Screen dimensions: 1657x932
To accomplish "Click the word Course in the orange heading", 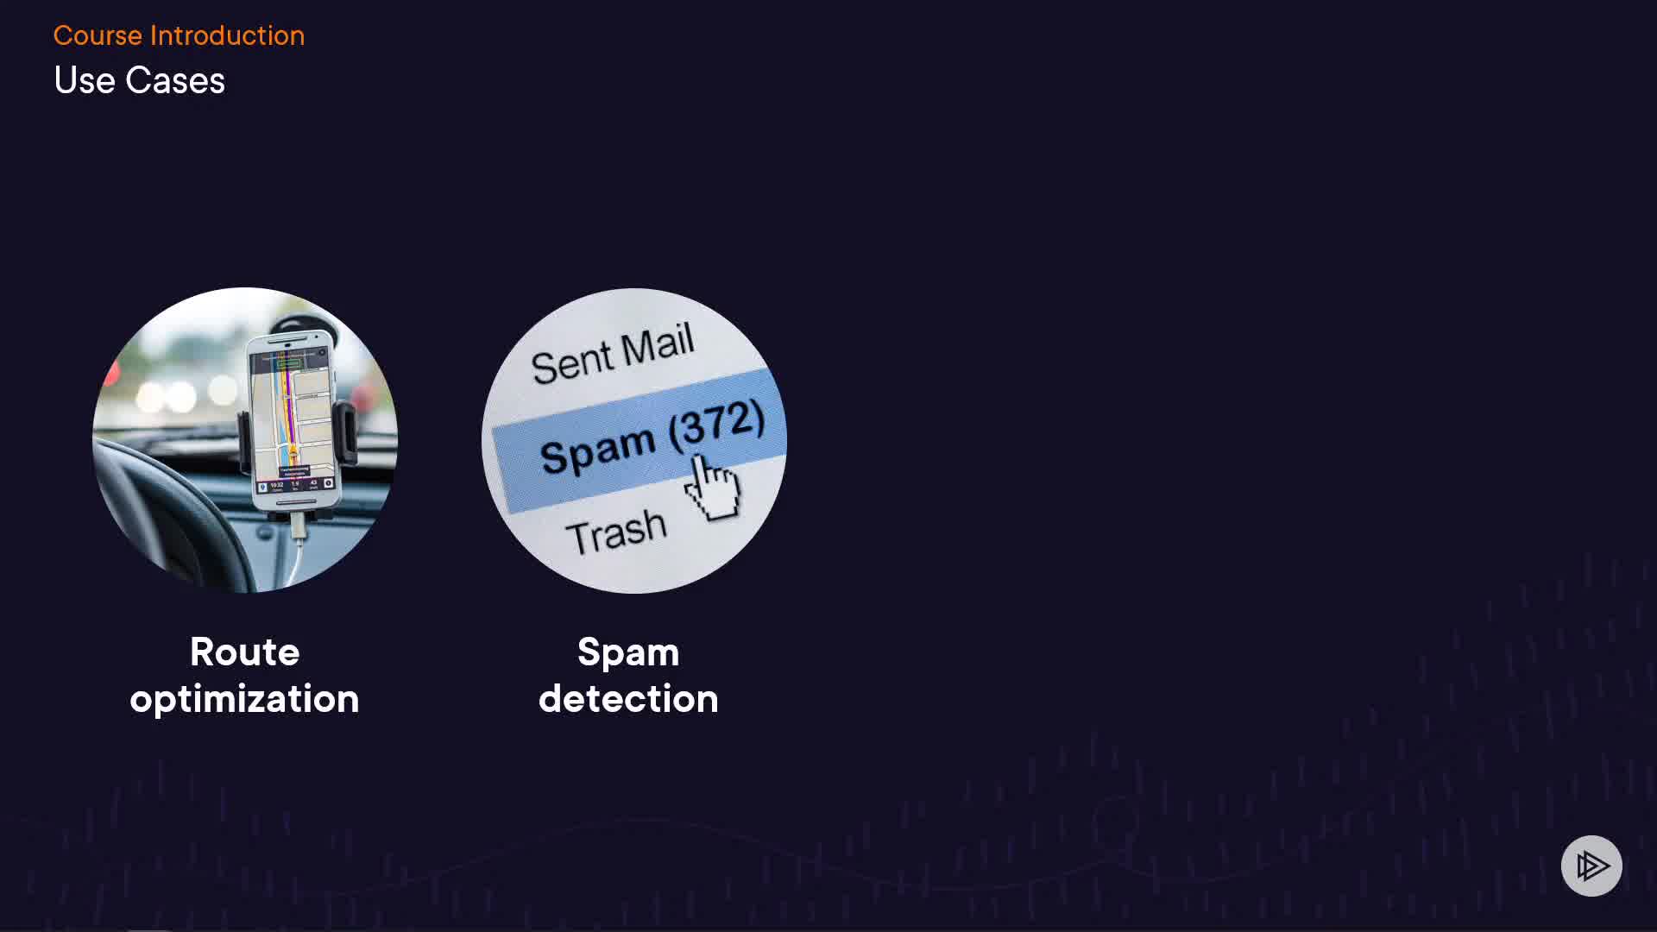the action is point(98,35).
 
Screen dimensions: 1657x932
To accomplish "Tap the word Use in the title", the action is point(85,80).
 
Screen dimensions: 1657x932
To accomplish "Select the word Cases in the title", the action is point(175,80).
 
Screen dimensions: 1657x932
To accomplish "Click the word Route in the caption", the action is point(244,652).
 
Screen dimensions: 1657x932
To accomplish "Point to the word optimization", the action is point(244,699).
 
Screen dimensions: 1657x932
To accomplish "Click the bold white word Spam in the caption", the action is point(628,652).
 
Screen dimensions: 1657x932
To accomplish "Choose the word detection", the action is point(628,699).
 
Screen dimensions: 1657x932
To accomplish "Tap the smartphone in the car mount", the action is point(293,423).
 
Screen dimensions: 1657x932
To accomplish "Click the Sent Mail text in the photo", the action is point(612,354).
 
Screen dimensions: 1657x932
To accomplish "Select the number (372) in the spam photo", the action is point(716,425).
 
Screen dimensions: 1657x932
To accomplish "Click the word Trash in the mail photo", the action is point(616,532).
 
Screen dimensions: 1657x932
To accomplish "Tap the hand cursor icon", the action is point(713,490).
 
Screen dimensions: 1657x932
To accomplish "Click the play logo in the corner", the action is point(1591,866).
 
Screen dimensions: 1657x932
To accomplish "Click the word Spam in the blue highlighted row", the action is point(597,450).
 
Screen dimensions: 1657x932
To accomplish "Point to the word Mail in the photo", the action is point(658,345).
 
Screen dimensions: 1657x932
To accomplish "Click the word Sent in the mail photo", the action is point(570,362).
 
